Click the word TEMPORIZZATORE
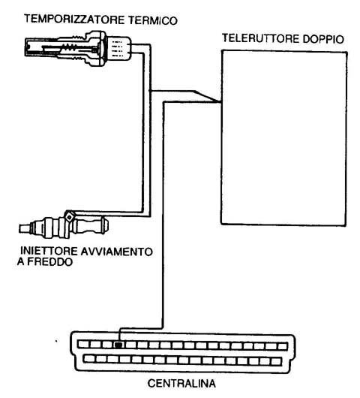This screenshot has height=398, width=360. [x=74, y=20]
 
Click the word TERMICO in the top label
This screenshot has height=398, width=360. [x=153, y=20]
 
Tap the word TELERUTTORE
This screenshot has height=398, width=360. [x=260, y=38]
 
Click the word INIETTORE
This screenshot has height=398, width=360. [x=49, y=251]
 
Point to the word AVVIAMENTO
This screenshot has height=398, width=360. [x=117, y=252]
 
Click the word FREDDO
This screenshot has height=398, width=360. [x=50, y=261]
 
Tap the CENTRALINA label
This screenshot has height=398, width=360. [x=181, y=383]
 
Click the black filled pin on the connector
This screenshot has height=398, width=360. [x=118, y=345]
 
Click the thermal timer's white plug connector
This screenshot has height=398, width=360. [x=118, y=49]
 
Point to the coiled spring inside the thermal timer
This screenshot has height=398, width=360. [x=70, y=47]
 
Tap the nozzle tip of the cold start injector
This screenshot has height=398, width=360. [x=25, y=228]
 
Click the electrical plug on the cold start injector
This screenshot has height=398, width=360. [x=69, y=216]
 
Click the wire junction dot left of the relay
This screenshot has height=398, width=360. [x=150, y=91]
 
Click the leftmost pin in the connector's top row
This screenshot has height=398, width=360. [x=82, y=344]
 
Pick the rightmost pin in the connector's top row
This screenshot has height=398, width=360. [x=282, y=346]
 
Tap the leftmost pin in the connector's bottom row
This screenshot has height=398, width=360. [x=88, y=359]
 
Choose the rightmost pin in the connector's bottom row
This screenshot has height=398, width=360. [x=276, y=361]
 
